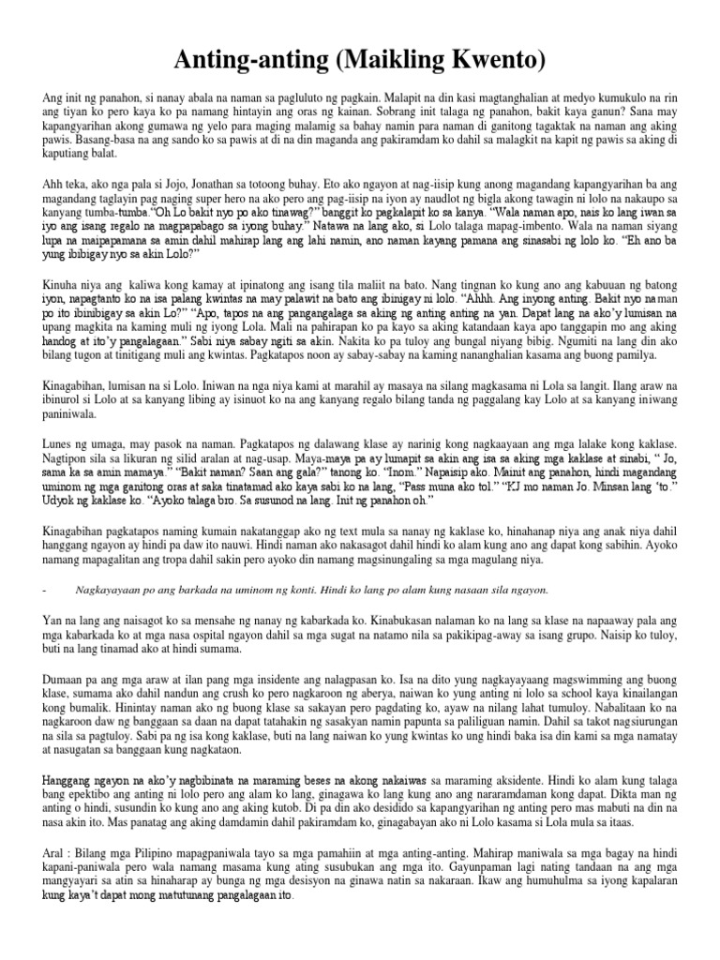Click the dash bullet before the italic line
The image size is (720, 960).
pyautogui.click(x=45, y=589)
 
